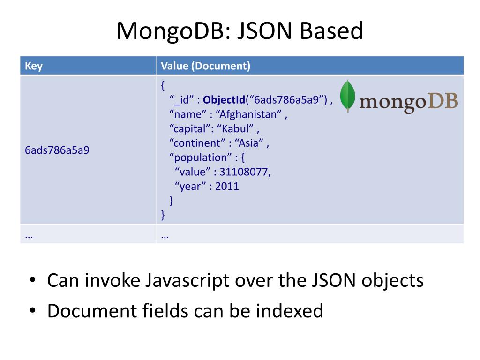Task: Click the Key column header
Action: coord(34,66)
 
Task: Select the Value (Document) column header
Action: coord(205,66)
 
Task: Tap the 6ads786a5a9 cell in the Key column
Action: coord(57,151)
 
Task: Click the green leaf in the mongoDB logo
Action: coord(347,96)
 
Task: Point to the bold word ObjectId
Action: coord(224,100)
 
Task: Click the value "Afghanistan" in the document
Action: coord(251,114)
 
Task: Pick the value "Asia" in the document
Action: coord(250,143)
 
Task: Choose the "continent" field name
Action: coord(197,143)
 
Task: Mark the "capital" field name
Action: coord(190,128)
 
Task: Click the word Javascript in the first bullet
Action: coord(185,280)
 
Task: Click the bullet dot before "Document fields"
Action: coord(32,311)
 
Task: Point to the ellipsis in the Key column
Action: coord(29,236)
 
